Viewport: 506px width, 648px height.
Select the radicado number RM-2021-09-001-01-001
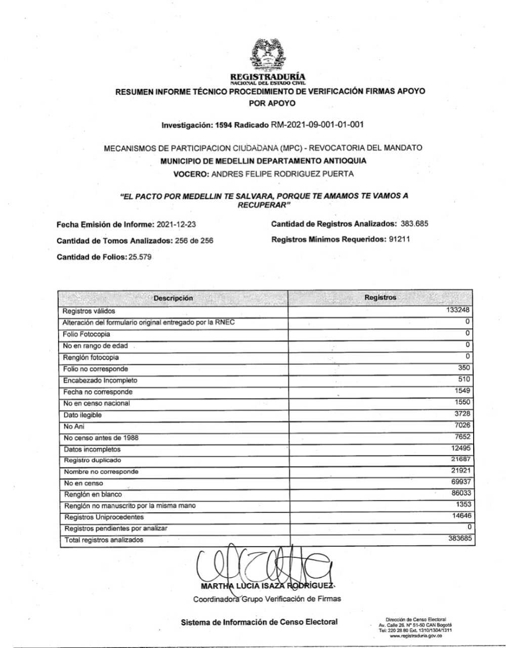tap(317, 124)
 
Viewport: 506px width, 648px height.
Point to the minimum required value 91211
tap(399, 239)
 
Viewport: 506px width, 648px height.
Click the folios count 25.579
tap(140, 257)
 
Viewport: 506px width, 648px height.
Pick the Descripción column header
tap(173, 298)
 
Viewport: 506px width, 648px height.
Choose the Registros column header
tap(380, 297)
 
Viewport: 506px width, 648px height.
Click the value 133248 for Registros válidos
tap(459, 310)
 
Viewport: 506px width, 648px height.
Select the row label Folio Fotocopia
tap(86, 334)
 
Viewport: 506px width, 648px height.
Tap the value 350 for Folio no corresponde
tap(464, 368)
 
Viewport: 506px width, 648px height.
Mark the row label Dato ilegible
tap(82, 415)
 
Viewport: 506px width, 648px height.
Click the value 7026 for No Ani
tap(462, 425)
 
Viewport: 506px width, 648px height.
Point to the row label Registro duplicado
tap(92, 460)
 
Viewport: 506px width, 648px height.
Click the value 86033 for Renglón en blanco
tap(461, 492)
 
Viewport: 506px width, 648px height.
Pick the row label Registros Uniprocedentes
tap(104, 517)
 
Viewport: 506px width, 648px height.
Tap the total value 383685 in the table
tap(459, 538)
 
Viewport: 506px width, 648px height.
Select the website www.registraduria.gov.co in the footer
tap(415, 636)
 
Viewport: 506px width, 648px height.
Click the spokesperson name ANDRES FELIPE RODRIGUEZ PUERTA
tap(282, 174)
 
